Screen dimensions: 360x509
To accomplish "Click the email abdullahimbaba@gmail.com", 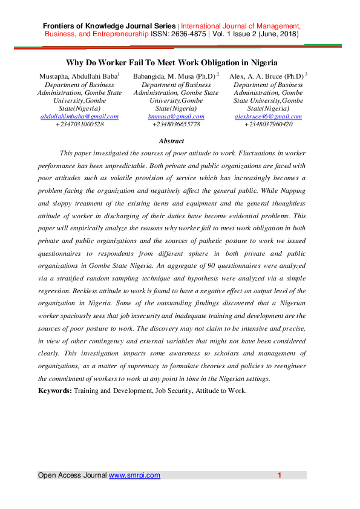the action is pyautogui.click(x=79, y=116).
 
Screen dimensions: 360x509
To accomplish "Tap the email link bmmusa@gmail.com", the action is pyautogui.click(x=176, y=116).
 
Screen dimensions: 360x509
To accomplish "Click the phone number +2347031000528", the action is pyautogui.click(x=79, y=124).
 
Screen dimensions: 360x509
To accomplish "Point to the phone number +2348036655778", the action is pyautogui.click(x=176, y=124).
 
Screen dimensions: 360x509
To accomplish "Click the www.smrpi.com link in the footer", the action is pyautogui.click(x=134, y=475).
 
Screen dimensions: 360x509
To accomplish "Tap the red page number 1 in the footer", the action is pyautogui.click(x=280, y=475).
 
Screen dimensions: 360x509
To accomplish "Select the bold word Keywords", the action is pyautogui.click(x=54, y=391).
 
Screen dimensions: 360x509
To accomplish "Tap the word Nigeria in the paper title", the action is pyautogui.click(x=261, y=62).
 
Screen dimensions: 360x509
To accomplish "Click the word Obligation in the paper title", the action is pyautogui.click(x=223, y=62).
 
